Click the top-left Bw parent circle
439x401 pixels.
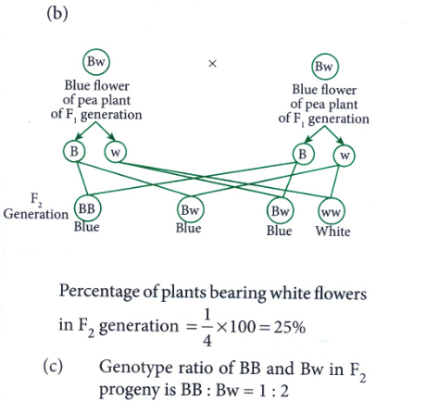click(x=82, y=62)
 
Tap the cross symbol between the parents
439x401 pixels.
click(x=212, y=64)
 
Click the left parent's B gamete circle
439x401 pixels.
click(x=64, y=151)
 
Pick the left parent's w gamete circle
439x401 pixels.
click(x=105, y=152)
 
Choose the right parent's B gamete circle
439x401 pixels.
click(x=294, y=154)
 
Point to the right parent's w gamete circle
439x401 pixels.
click(x=334, y=155)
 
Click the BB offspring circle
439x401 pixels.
click(x=75, y=208)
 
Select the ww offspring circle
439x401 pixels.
click(x=319, y=212)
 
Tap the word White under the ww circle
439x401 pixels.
click(x=332, y=232)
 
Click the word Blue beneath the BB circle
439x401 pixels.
click(x=86, y=227)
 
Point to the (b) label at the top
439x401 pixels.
click(x=57, y=14)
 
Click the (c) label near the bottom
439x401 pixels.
click(x=53, y=367)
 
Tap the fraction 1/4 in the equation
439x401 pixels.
click(x=207, y=328)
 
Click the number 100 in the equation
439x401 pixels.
click(x=243, y=327)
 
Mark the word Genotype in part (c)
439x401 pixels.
click(x=136, y=369)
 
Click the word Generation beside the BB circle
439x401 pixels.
click(x=36, y=214)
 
